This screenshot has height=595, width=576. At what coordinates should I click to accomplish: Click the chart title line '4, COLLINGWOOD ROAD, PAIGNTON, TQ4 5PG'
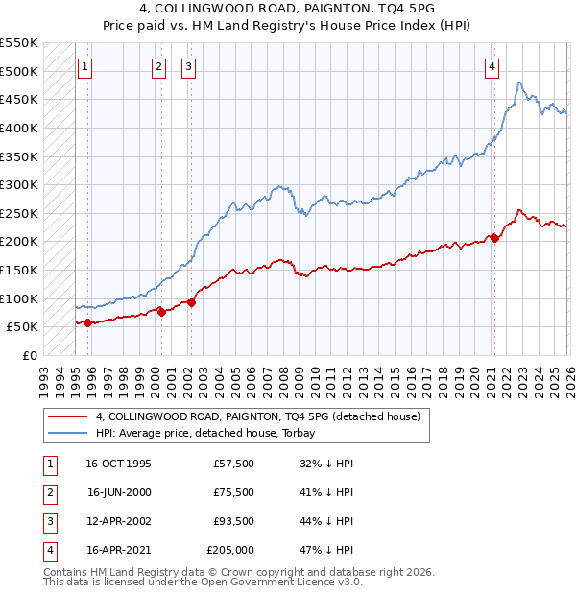coord(287,8)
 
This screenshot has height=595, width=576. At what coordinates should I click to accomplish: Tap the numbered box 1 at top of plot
coord(86,67)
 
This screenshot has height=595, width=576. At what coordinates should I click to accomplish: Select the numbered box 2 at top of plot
coord(158,67)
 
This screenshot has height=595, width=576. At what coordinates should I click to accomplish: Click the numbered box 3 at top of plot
coord(188,67)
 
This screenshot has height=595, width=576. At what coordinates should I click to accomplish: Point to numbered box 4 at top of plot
coord(492,67)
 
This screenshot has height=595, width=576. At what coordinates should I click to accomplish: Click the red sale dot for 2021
coord(494,238)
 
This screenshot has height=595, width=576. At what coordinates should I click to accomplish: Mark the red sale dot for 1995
coord(88,322)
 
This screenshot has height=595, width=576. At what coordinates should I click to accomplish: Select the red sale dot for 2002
coord(191,302)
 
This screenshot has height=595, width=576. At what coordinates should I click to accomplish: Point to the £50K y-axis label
coord(23,327)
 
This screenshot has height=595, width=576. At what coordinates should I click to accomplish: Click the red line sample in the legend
coord(67,417)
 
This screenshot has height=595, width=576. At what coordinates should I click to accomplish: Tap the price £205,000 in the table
coord(230,550)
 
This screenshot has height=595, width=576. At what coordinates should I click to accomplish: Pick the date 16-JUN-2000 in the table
coord(118,492)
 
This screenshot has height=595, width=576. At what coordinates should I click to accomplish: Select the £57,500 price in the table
coord(233,464)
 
